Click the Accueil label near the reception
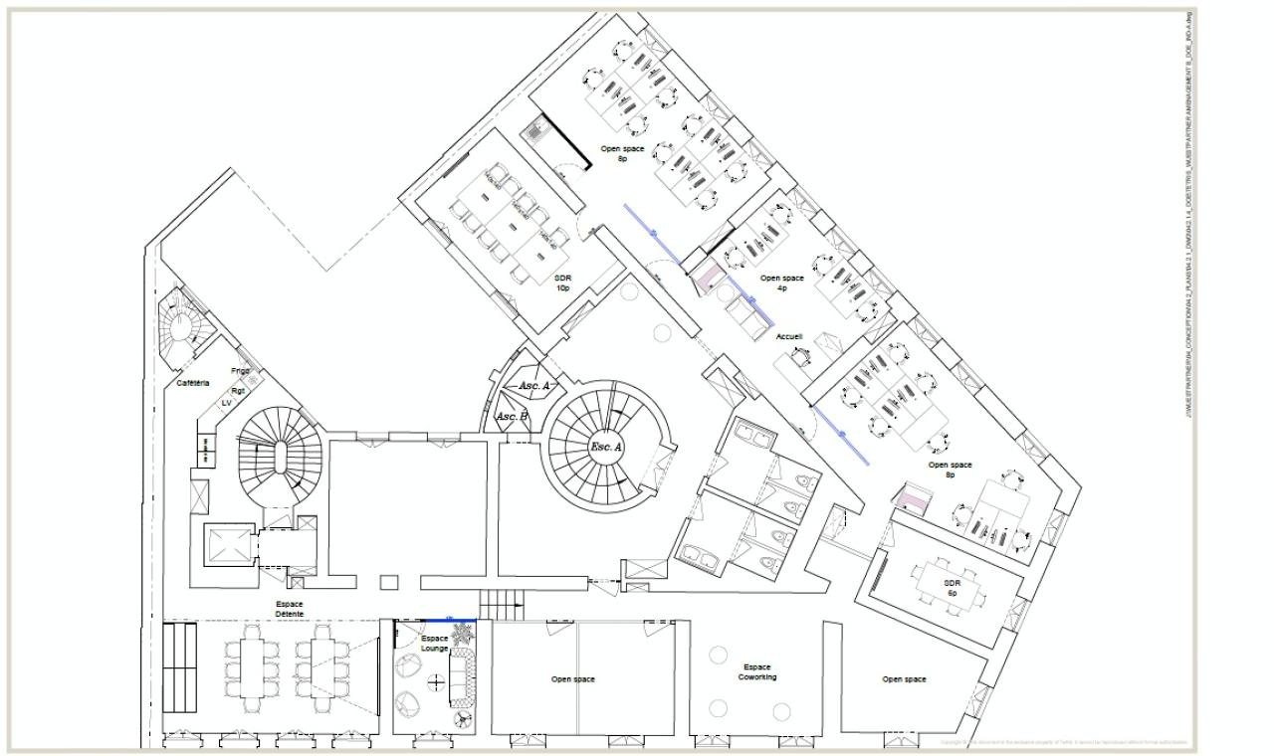coord(789,337)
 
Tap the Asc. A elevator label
coord(534,385)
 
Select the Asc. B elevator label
coord(512,416)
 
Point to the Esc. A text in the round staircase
coord(606,448)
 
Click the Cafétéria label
coord(193,383)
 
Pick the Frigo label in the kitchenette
coord(241,371)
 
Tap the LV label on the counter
coord(226,403)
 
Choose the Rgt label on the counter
coord(238,391)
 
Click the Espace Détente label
coord(290,609)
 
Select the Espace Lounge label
coord(434,644)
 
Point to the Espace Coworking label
coord(757,672)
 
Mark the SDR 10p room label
coord(562,283)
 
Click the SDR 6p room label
coord(952,587)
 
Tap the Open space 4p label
coord(781,283)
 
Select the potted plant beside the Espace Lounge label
coord(462,633)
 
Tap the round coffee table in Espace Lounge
coord(435,681)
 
